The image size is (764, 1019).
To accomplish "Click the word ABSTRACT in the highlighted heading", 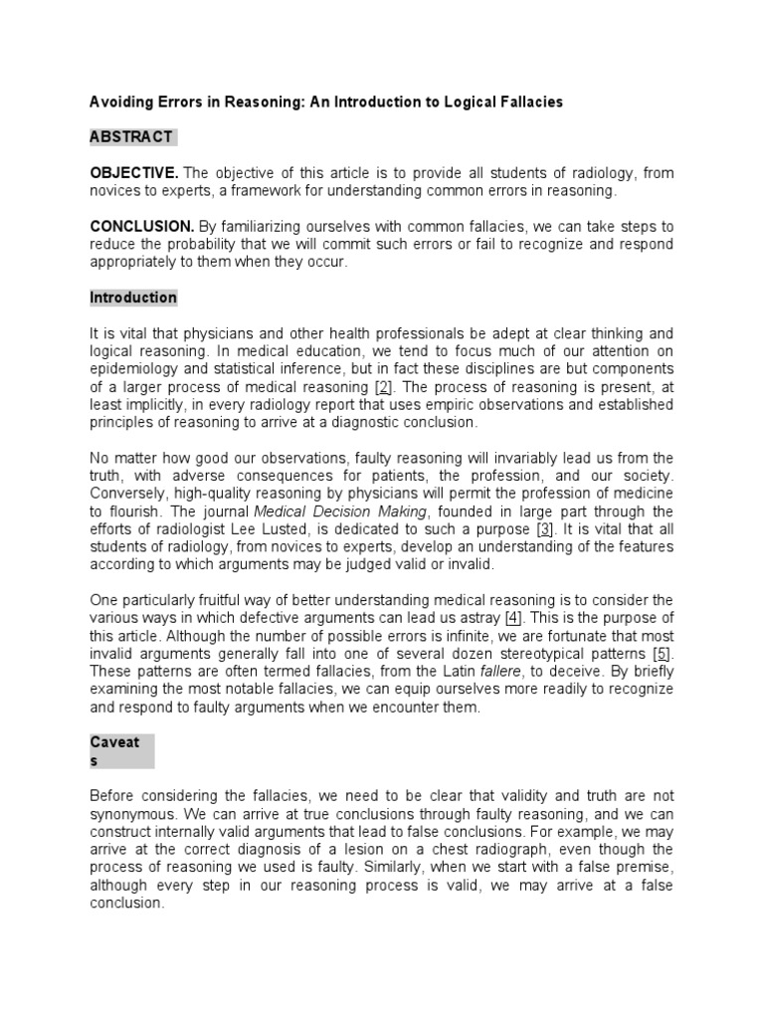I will point(131,136).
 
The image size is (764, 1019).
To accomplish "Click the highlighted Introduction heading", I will point(133,298).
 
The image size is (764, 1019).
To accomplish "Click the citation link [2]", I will point(382,387).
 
